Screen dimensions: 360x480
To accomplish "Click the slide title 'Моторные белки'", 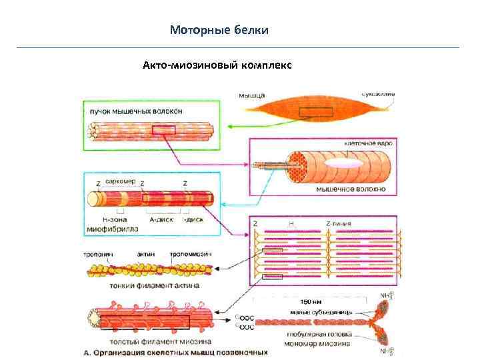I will point(219,30).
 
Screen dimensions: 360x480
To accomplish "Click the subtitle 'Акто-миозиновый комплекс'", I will point(217,65).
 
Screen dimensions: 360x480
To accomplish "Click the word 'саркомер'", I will point(121,181).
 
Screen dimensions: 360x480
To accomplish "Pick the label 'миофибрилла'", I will point(113,227).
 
